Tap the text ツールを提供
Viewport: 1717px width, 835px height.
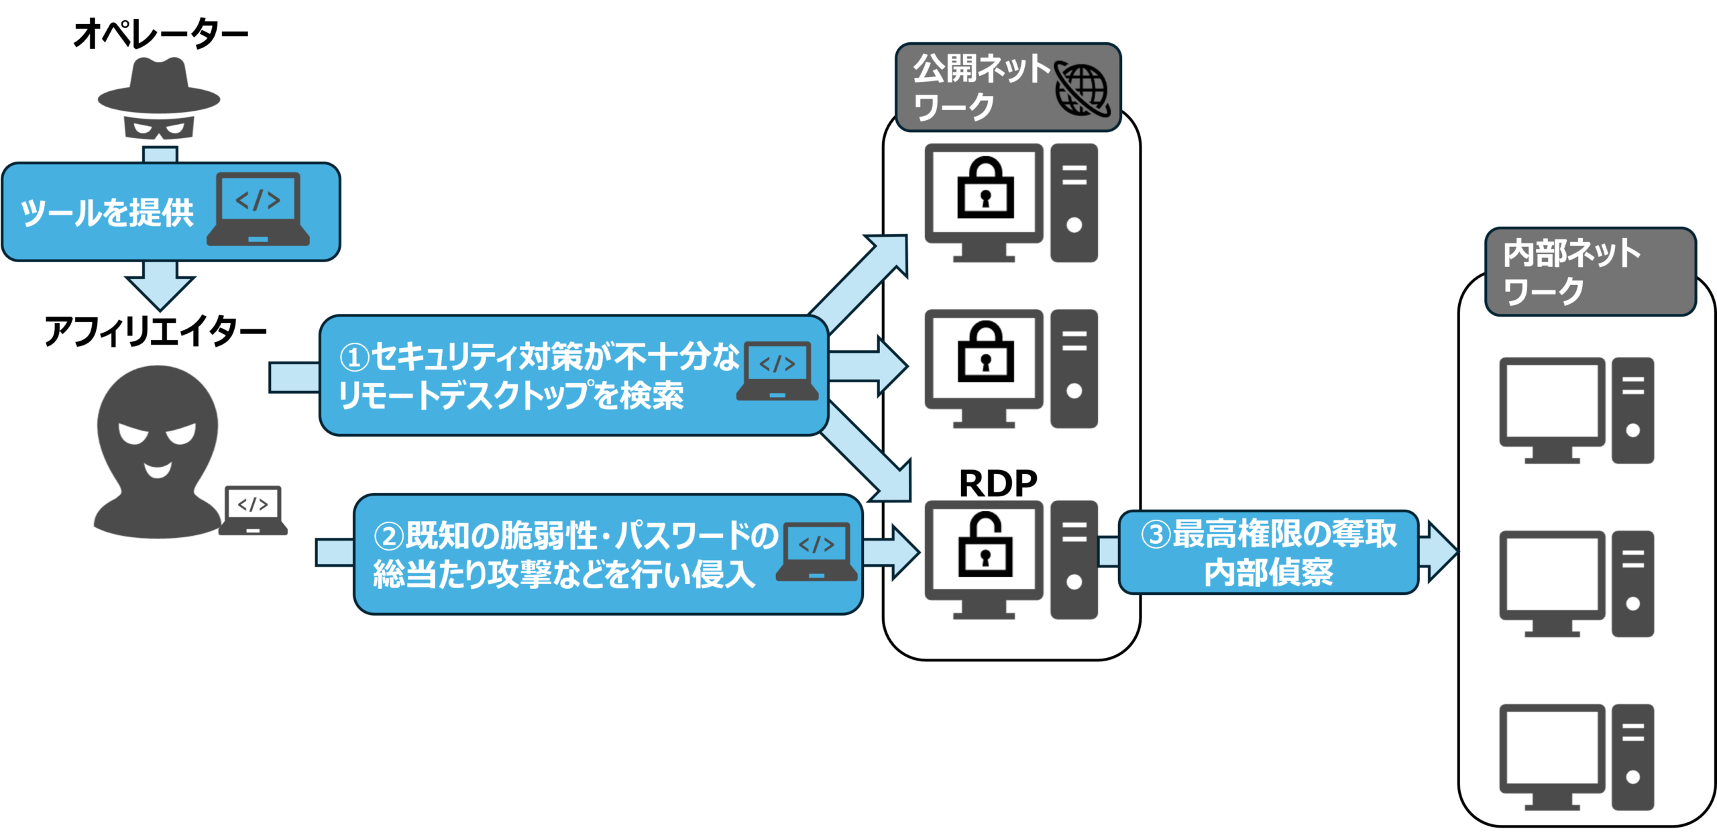pyautogui.click(x=107, y=213)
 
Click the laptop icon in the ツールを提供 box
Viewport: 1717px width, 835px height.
pyautogui.click(x=258, y=209)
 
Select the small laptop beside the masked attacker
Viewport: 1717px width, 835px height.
pyautogui.click(x=253, y=510)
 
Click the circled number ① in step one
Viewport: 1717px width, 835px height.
pyautogui.click(x=354, y=357)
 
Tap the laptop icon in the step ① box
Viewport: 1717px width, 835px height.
pyautogui.click(x=777, y=371)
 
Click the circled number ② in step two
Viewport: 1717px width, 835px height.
pyautogui.click(x=388, y=537)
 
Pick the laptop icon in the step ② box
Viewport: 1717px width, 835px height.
pyautogui.click(x=816, y=551)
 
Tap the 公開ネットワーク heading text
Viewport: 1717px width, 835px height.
pyautogui.click(x=979, y=87)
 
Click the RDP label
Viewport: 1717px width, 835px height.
pyautogui.click(x=997, y=483)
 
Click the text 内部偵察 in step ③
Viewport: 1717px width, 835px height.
pyautogui.click(x=1268, y=573)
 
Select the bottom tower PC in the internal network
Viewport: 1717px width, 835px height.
pyautogui.click(x=1632, y=757)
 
